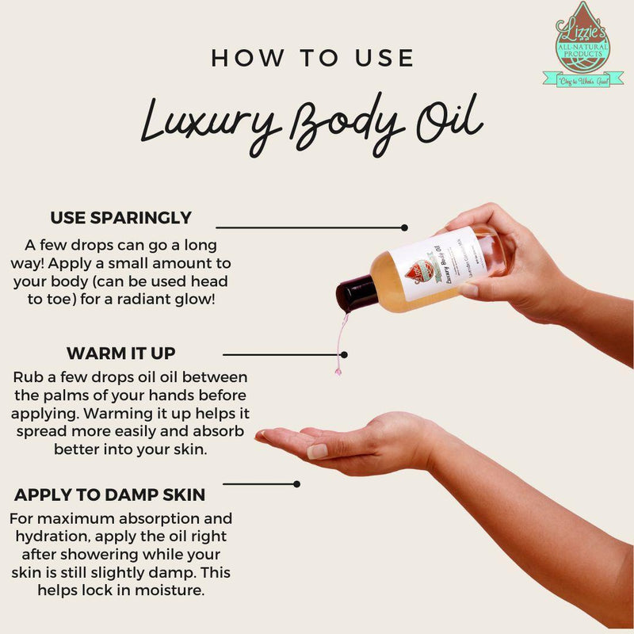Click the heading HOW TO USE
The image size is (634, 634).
312,58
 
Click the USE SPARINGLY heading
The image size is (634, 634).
120,217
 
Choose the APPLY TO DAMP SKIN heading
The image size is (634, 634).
110,495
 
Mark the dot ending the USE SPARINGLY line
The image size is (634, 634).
404,227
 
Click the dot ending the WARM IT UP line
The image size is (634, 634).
344,355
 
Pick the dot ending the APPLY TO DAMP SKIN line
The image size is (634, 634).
296,483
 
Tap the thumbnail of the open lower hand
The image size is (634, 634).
318,451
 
